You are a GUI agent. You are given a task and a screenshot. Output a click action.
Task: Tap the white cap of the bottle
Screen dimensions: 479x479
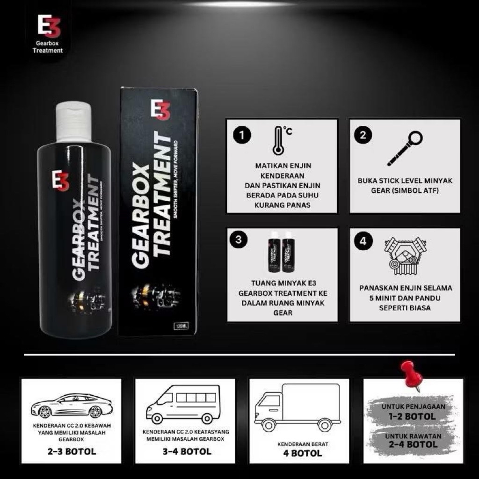pos(73,122)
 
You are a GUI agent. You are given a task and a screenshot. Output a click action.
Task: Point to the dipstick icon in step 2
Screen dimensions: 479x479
pos(405,148)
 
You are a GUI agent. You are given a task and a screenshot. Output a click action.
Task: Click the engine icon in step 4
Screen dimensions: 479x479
pos(405,256)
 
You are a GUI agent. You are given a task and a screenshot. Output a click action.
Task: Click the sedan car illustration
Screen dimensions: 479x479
pos(72,406)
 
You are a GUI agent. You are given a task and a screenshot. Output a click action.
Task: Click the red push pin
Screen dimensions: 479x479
pos(412,374)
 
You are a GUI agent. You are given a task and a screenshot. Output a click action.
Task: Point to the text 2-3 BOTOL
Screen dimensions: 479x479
pos(72,452)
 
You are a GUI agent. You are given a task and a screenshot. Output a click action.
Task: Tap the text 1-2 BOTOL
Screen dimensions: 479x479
pos(413,416)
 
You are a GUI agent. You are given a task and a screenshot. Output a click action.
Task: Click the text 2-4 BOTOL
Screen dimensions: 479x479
pos(413,445)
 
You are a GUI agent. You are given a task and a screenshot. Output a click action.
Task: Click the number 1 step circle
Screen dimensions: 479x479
pos(242,136)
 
